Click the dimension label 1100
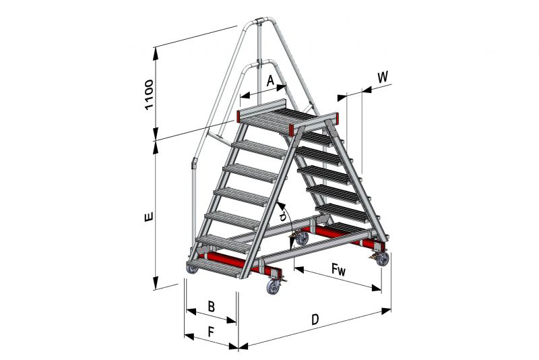coord(149,94)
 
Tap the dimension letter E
coord(148,217)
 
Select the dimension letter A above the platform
coord(271,81)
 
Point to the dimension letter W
coord(383,78)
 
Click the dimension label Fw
coord(338,269)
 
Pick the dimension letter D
coord(315,320)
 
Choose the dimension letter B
coord(212,306)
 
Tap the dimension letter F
coord(212,332)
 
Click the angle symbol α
coord(283,216)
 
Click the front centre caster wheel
coord(274,287)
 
